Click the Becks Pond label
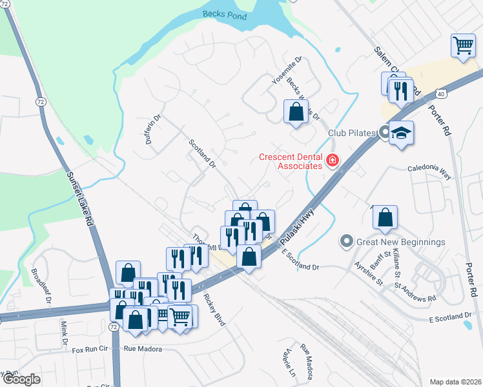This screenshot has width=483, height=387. [x=225, y=14]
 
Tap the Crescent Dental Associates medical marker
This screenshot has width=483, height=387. [x=333, y=159]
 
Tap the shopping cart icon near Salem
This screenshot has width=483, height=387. [x=463, y=46]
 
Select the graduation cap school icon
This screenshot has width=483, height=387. [x=401, y=132]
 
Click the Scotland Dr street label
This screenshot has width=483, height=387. [x=201, y=154]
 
